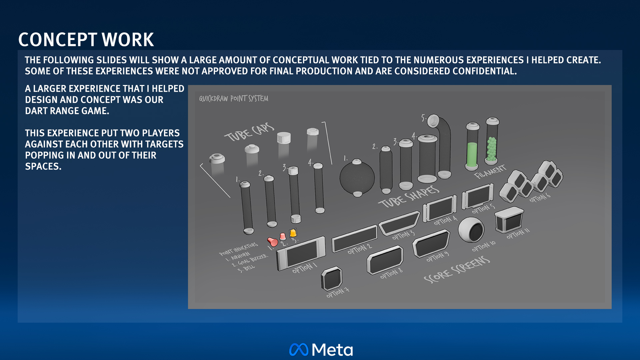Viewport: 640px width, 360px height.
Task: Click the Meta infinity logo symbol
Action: pyautogui.click(x=299, y=349)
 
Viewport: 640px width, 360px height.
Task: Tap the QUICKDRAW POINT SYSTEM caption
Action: pyautogui.click(x=233, y=99)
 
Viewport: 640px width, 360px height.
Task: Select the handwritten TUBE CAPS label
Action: pyautogui.click(x=249, y=132)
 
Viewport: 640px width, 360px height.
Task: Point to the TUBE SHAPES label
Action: pyautogui.click(x=409, y=197)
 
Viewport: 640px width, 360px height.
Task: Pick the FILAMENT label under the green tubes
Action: pyautogui.click(x=490, y=171)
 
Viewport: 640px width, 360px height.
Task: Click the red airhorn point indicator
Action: pyautogui.click(x=273, y=242)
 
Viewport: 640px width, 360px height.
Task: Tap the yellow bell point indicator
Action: pyautogui.click(x=293, y=232)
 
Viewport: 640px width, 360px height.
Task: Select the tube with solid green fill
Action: pyautogui.click(x=472, y=147)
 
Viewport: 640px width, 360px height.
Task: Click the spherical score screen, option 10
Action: pyautogui.click(x=471, y=230)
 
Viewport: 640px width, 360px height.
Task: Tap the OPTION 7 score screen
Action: pyautogui.click(x=331, y=278)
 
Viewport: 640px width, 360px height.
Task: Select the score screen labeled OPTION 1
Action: pyautogui.click(x=301, y=253)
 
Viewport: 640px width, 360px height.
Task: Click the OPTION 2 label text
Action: pyautogui.click(x=359, y=249)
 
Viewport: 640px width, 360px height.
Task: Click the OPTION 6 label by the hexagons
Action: pyautogui.click(x=540, y=197)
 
